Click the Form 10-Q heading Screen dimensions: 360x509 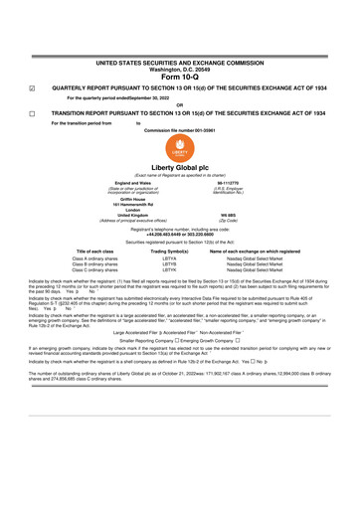pyautogui.click(x=179, y=78)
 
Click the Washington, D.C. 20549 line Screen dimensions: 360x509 pyautogui.click(x=179, y=69)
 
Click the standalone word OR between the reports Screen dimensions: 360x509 pyautogui.click(x=179, y=105)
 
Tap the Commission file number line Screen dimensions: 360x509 pyautogui.click(x=179, y=130)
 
